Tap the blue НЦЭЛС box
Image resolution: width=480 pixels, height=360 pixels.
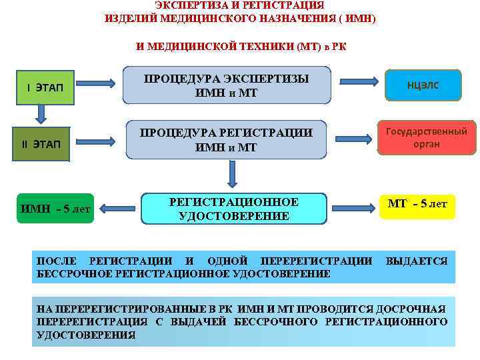tap(423, 85)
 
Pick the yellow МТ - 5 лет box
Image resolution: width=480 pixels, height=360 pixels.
tap(417, 205)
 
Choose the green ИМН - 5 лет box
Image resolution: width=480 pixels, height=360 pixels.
tap(55, 209)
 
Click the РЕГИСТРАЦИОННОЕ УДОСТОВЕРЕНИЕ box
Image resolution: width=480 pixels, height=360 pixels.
tap(233, 209)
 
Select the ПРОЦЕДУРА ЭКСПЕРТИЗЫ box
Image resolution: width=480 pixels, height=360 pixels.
tap(228, 85)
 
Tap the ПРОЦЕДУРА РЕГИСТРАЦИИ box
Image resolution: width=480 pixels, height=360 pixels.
tap(228, 139)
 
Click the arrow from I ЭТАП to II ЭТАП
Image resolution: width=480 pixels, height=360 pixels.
tap(41, 114)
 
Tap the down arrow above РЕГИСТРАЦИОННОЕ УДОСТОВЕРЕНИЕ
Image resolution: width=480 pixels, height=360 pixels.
tap(232, 174)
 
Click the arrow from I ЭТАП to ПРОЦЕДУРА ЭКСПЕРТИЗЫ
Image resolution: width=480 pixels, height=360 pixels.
tap(101, 85)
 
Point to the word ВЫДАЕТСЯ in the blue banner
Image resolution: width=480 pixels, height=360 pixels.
tap(417, 261)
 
